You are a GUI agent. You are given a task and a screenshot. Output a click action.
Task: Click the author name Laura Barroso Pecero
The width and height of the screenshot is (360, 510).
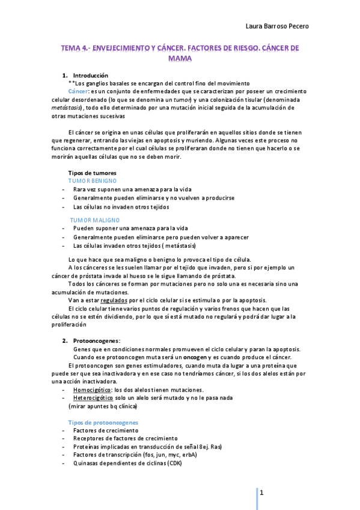click(x=278, y=26)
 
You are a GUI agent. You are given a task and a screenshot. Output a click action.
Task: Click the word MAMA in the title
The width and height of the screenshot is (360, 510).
click(x=180, y=59)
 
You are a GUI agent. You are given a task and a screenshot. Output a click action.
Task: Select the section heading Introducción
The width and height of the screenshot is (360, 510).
click(x=91, y=75)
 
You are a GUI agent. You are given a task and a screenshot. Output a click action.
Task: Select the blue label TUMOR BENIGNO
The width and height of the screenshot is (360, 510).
click(x=93, y=181)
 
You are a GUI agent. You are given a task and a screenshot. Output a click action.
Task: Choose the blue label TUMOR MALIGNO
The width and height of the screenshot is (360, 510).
click(x=94, y=220)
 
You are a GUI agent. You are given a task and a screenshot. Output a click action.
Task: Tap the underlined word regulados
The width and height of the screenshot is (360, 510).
click(x=114, y=300)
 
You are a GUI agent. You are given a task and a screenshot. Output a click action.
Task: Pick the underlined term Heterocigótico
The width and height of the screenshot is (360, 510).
click(x=94, y=398)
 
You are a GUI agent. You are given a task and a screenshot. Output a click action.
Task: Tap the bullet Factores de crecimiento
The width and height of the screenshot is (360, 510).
click(x=105, y=431)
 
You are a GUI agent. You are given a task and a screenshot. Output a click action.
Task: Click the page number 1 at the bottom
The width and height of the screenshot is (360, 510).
click(x=262, y=493)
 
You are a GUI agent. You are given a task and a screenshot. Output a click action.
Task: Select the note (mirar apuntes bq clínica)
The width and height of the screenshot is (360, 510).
click(x=103, y=406)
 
